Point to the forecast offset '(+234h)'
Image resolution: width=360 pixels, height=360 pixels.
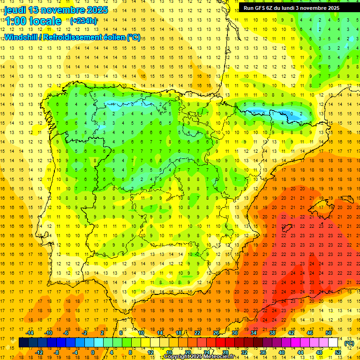[83, 21]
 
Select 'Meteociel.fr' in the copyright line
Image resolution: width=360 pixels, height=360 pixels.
[222, 357]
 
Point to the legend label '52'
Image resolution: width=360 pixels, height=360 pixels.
[338, 352]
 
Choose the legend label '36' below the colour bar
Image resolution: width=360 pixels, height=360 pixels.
[263, 352]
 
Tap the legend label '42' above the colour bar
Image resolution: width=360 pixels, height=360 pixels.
[291, 333]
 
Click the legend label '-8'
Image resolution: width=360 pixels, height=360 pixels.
[57, 352]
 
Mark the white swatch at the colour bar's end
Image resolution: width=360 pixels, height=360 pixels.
[333, 343]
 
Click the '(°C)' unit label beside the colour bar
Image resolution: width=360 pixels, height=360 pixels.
[349, 343]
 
